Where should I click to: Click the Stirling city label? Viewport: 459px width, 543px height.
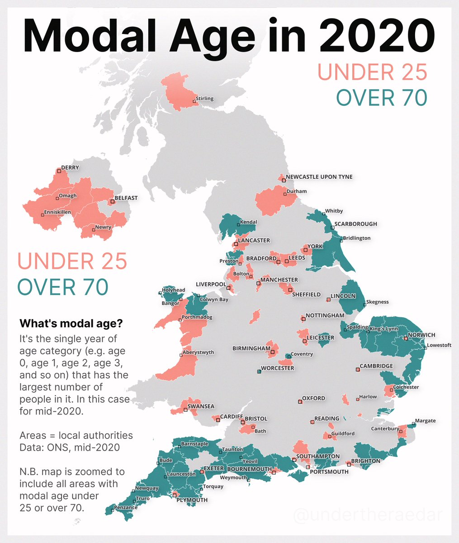coord(204,99)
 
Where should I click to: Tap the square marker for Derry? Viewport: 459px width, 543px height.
coord(58,171)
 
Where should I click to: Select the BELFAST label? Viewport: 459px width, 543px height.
coord(126,198)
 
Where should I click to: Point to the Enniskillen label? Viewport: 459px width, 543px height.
coord(57,212)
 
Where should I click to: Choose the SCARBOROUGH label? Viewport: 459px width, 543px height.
coord(355,224)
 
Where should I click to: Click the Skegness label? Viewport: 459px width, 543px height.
coord(377,302)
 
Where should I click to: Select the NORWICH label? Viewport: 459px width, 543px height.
coord(421,335)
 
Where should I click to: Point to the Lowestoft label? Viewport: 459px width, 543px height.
coord(439,345)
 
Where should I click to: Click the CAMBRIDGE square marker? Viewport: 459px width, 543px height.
coord(358,370)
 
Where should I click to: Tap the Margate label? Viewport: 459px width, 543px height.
coord(425,421)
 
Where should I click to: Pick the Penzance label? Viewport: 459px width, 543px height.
coord(126,507)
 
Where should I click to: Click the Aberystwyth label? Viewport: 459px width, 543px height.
coord(198,352)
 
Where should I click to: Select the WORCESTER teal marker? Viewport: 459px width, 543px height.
coord(259,372)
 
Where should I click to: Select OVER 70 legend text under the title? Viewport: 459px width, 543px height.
coord(382,97)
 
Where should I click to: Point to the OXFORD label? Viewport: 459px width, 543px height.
coord(313,398)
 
